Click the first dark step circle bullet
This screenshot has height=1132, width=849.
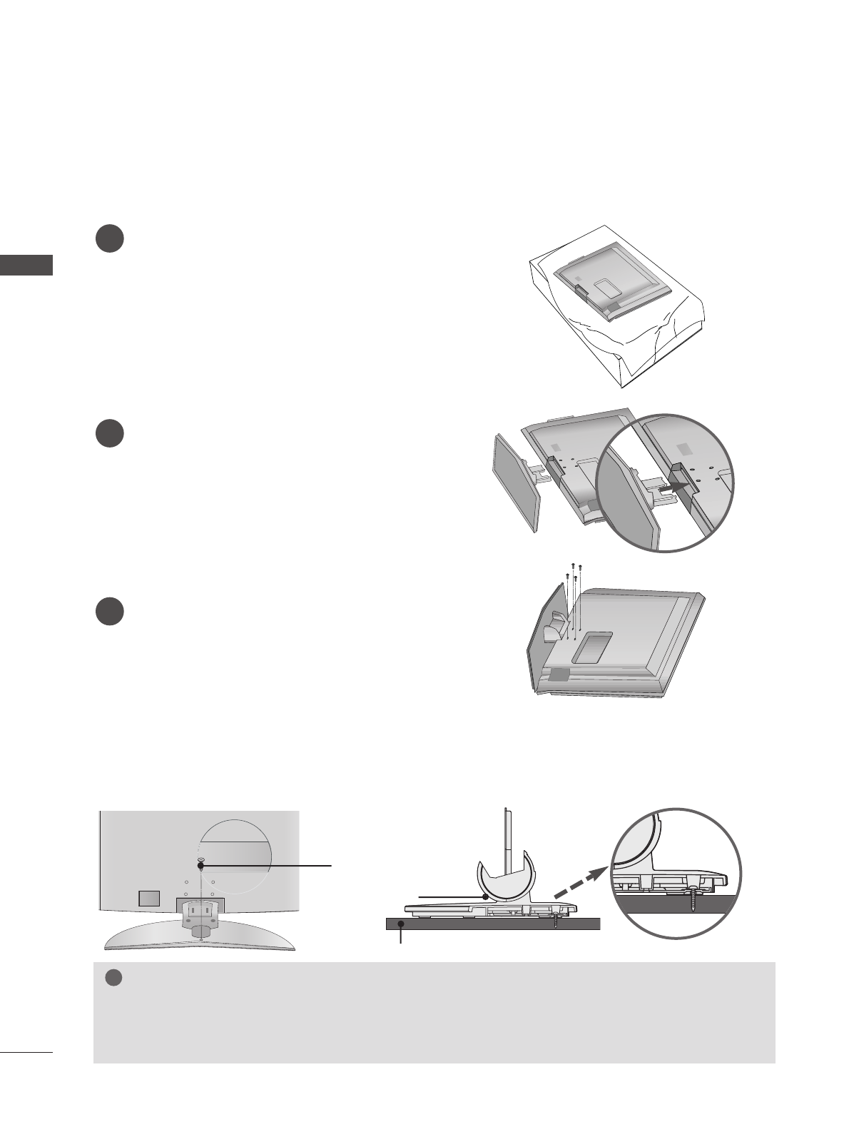pyautogui.click(x=110, y=238)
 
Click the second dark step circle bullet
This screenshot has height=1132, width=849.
pyautogui.click(x=110, y=435)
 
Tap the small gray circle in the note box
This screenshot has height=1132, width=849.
pyautogui.click(x=111, y=979)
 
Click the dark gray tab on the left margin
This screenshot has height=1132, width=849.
pyautogui.click(x=26, y=264)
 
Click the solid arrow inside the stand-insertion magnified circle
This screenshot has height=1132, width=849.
pyautogui.click(x=677, y=487)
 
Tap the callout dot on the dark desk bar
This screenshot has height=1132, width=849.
pyautogui.click(x=402, y=924)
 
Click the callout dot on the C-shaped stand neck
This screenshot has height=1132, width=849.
pyautogui.click(x=485, y=895)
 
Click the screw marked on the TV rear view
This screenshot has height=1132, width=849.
pyautogui.click(x=200, y=865)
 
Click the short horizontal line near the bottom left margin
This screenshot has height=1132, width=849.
pyautogui.click(x=26, y=1051)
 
